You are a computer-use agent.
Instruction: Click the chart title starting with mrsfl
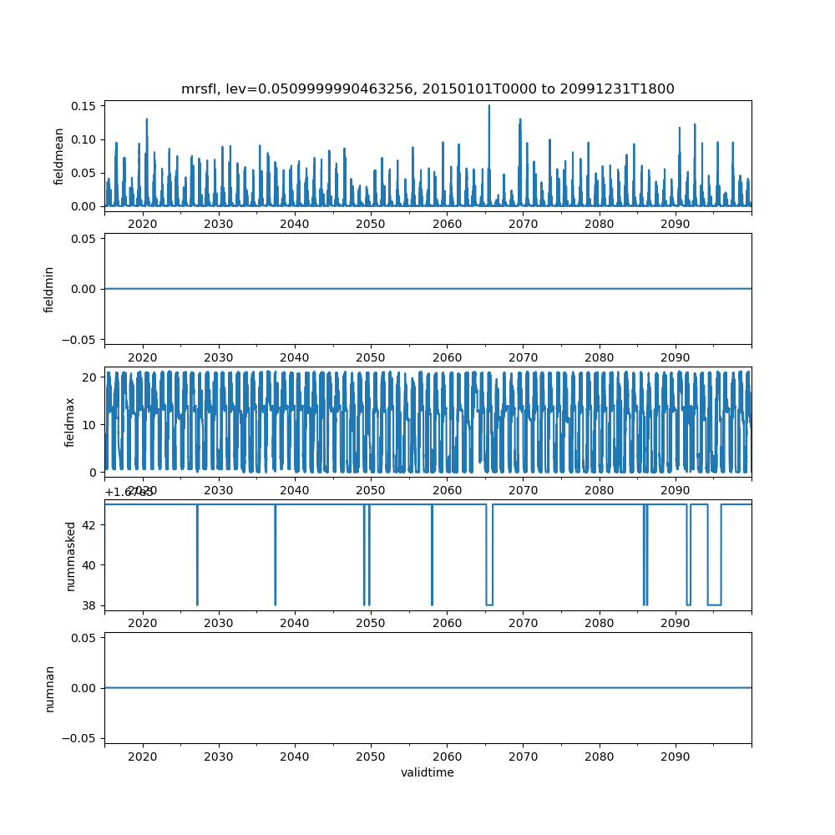(x=428, y=89)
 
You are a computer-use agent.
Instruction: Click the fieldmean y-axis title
(x=58, y=156)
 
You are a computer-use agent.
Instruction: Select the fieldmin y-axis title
(x=49, y=289)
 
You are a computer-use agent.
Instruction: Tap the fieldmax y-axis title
(x=70, y=422)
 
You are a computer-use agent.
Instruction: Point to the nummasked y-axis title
(x=70, y=555)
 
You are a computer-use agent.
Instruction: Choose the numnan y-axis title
(x=49, y=688)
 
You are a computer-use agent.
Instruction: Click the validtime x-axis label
(x=428, y=773)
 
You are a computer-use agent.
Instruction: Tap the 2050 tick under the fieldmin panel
(x=371, y=357)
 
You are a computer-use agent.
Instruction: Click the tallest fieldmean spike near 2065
(x=489, y=106)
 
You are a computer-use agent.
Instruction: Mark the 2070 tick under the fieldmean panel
(x=523, y=225)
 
